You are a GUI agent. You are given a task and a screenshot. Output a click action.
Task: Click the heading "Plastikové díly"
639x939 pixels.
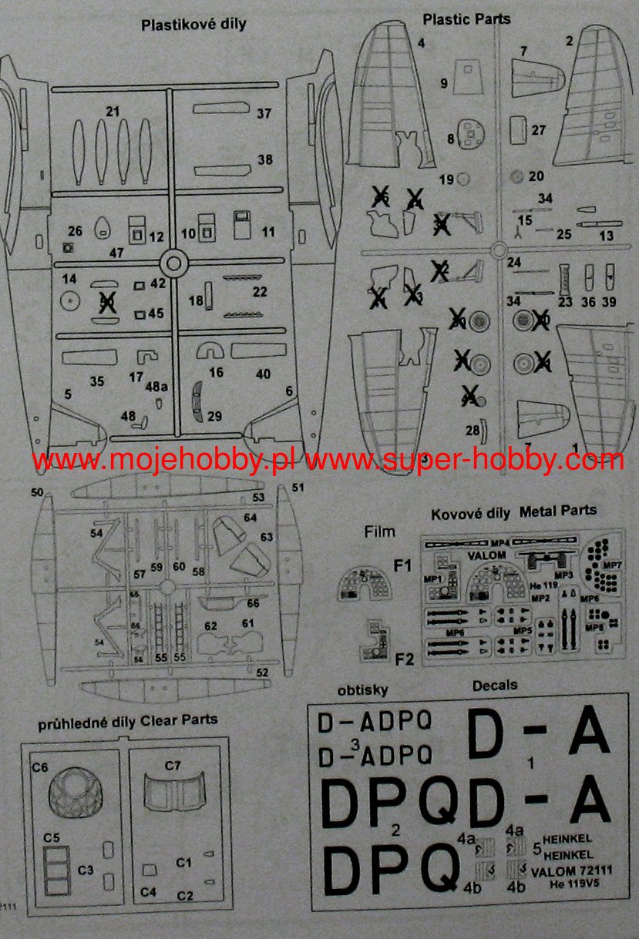click(x=193, y=25)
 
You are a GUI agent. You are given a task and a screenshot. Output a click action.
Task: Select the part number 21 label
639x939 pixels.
click(x=113, y=112)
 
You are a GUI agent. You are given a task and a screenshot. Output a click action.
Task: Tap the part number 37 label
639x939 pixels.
click(x=264, y=113)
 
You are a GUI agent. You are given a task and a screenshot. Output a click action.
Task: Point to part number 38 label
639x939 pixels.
click(x=265, y=160)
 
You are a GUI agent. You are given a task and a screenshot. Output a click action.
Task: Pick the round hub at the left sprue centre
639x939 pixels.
click(x=175, y=263)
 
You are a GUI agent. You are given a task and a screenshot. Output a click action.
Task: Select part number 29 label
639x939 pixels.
click(x=214, y=416)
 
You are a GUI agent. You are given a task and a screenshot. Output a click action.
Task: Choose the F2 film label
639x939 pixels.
click(x=404, y=659)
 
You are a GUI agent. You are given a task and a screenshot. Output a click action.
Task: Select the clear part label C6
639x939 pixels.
click(x=40, y=767)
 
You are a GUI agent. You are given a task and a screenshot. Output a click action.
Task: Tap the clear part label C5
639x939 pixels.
click(x=52, y=837)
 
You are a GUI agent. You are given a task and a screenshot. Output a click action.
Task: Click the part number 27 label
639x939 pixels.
click(x=538, y=130)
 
